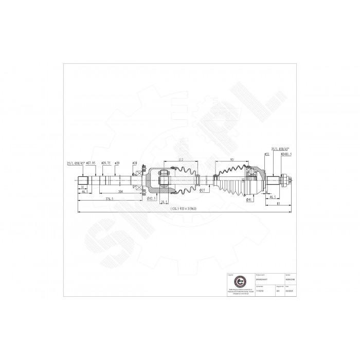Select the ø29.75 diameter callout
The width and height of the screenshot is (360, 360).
pyautogui.click(x=107, y=163)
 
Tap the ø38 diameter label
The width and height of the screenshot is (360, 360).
pyautogui.click(x=134, y=163)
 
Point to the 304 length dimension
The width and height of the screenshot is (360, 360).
pyautogui.click(x=119, y=191)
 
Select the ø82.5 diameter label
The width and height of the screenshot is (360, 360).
pyautogui.click(x=151, y=198)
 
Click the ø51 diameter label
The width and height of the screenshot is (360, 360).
pyautogui.click(x=266, y=154)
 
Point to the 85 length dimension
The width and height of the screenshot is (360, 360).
pyautogui.click(x=278, y=204)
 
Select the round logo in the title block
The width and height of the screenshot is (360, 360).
pyautogui.click(x=238, y=282)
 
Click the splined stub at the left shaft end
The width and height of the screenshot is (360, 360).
pyautogui.click(x=83, y=181)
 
